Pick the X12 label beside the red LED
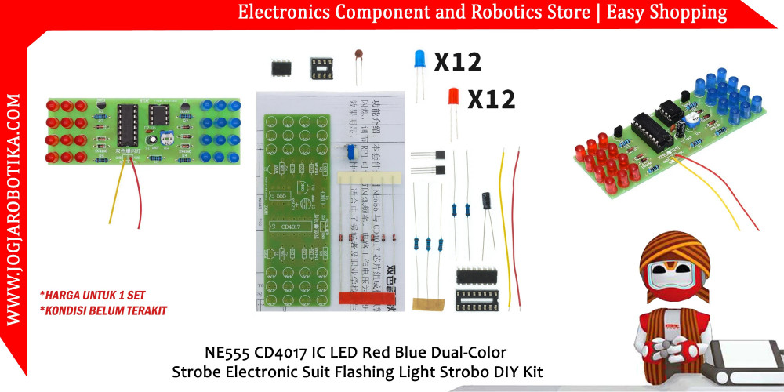click(492, 99)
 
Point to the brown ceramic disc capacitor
click(359, 56)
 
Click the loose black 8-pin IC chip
click(281, 68)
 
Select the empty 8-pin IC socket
click(320, 67)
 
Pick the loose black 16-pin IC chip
click(475, 275)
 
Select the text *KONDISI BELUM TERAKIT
click(103, 310)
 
